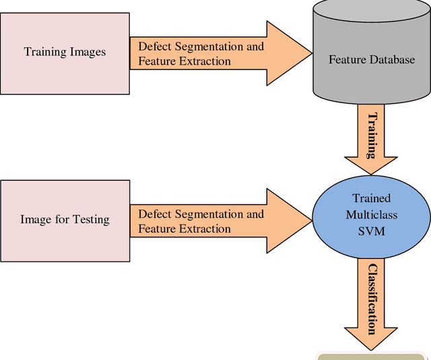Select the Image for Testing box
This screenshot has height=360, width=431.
[65, 219]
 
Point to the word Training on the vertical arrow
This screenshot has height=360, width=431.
[371, 135]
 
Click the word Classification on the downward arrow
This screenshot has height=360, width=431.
[371, 299]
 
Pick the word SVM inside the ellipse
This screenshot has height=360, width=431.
[372, 230]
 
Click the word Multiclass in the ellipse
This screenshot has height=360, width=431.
[372, 214]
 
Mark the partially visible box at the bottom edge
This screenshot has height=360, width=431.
[370, 356]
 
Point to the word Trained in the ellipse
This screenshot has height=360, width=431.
[372, 199]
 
